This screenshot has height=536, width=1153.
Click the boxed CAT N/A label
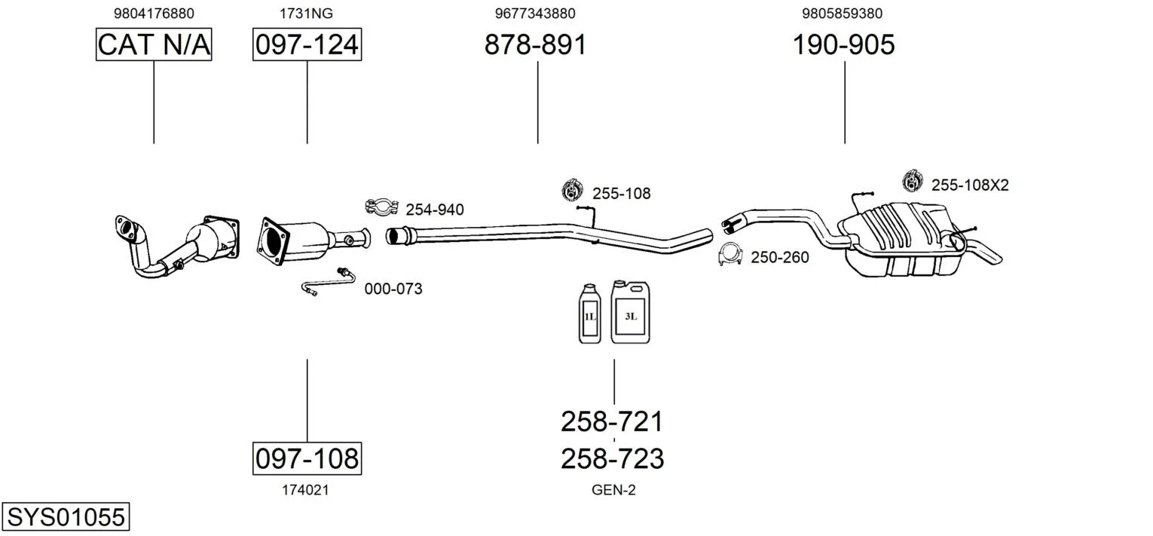(154, 44)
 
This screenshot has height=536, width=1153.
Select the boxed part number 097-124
(307, 44)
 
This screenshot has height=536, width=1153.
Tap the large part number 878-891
(535, 44)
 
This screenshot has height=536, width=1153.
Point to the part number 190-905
(843, 44)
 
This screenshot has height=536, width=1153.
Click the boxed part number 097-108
(307, 458)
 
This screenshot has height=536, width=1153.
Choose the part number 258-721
(612, 421)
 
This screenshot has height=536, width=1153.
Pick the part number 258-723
(612, 458)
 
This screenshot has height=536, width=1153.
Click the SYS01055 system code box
(66, 517)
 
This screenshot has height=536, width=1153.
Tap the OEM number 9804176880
(154, 13)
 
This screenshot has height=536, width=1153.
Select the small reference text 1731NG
(307, 13)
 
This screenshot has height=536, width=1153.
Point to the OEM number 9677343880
(535, 13)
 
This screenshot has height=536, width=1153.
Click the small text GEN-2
(613, 490)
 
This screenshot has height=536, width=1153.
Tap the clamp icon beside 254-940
(382, 207)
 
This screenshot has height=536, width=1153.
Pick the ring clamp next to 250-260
(730, 256)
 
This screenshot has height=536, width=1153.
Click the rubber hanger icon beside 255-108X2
(913, 181)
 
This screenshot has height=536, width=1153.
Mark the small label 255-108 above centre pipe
(621, 194)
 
